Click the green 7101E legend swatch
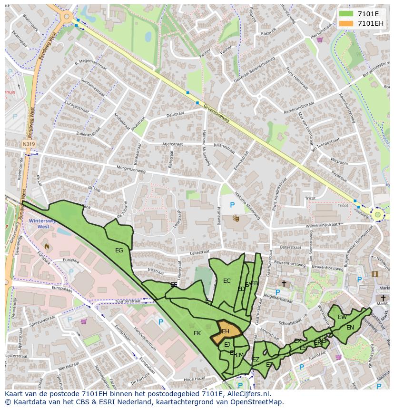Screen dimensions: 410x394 click(x=346, y=14)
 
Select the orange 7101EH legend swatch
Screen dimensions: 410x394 click(x=346, y=23)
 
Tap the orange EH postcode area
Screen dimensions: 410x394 click(x=226, y=331)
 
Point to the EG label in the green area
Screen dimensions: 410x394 click(x=119, y=250)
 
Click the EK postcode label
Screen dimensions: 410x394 click(x=197, y=333)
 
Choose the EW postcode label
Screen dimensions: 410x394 click(x=342, y=317)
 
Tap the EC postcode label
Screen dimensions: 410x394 click(x=227, y=281)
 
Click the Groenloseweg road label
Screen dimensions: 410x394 click(x=217, y=114)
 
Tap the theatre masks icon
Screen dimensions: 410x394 click(x=235, y=218)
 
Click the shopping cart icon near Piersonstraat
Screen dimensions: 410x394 click(x=320, y=40)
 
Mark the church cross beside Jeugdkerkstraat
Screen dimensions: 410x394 click(x=284, y=283)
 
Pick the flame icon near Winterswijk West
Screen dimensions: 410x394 click(x=47, y=246)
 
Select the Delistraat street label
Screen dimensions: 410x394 click(x=175, y=115)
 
